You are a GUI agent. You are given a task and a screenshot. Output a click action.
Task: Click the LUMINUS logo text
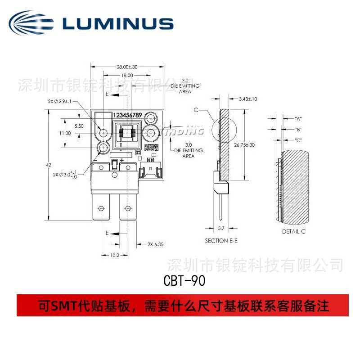point(118,23)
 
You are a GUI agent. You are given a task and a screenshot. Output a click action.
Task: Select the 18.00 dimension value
point(126,76)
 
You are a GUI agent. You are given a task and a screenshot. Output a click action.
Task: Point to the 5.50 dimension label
point(79,126)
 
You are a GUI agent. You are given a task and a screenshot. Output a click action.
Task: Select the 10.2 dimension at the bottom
point(114,255)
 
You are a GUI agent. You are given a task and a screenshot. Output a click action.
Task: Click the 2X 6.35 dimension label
point(156,245)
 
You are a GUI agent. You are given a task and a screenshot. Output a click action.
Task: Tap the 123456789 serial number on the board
point(127,116)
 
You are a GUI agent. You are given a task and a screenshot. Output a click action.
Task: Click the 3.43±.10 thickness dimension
point(248,99)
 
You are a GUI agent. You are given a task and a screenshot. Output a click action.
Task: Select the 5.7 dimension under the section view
point(221,229)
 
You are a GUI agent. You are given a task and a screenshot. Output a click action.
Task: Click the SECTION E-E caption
point(221,241)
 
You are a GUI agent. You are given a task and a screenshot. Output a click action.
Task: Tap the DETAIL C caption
point(293,232)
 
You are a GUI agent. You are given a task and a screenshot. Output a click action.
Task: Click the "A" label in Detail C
point(298,118)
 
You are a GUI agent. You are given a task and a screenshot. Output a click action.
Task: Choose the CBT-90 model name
point(184,281)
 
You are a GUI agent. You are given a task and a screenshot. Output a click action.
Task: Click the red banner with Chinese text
point(182,306)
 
